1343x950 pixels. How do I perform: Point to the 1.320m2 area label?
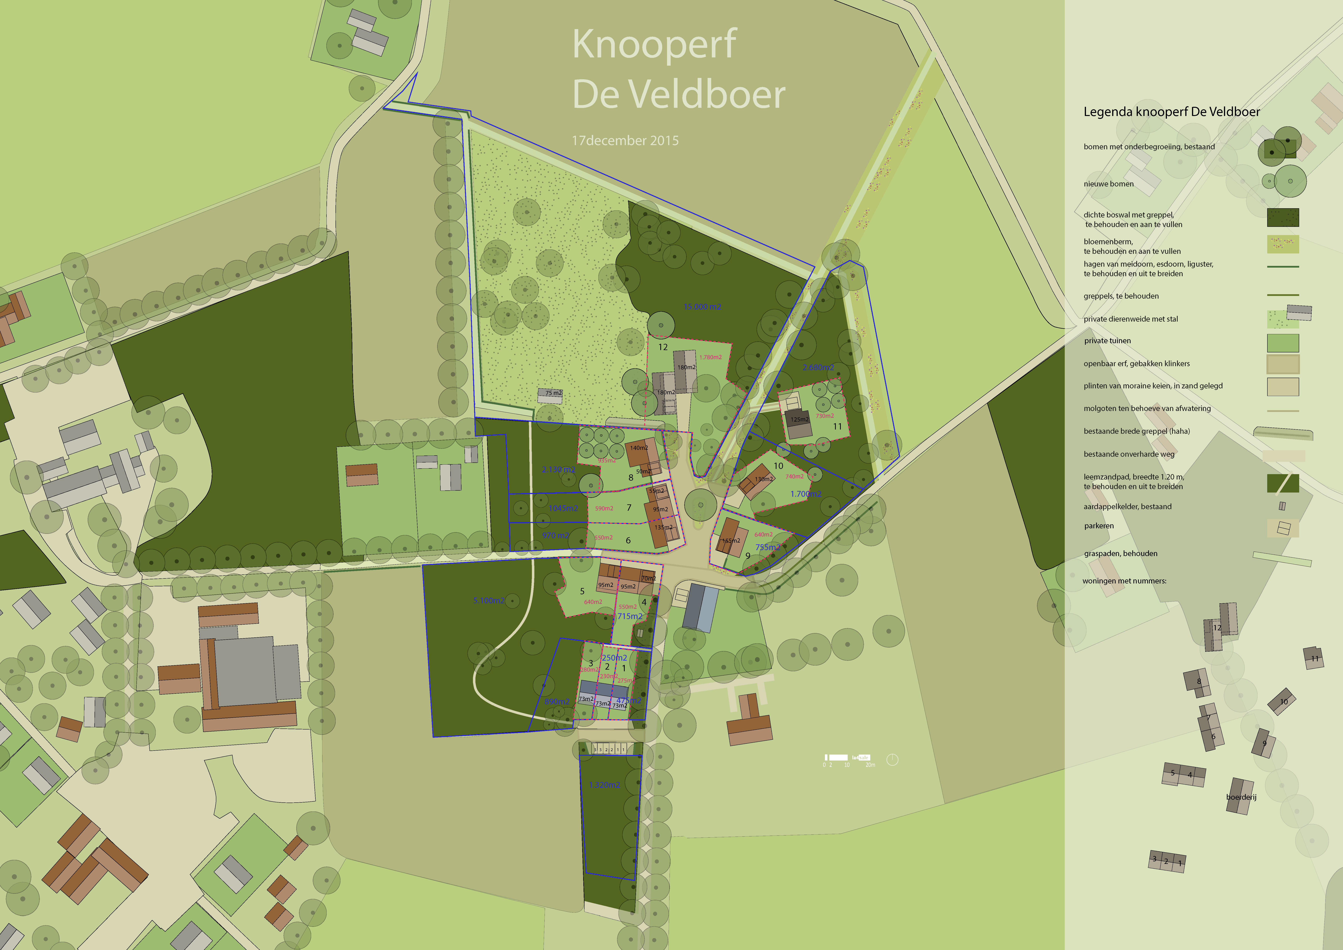(x=604, y=785)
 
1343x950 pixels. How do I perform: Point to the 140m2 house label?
(x=639, y=448)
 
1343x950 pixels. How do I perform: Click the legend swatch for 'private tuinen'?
(x=1283, y=343)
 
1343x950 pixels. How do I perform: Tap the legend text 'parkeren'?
(x=1099, y=526)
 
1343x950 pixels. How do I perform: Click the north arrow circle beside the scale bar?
(x=892, y=760)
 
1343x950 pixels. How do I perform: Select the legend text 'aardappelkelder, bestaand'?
(x=1127, y=507)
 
